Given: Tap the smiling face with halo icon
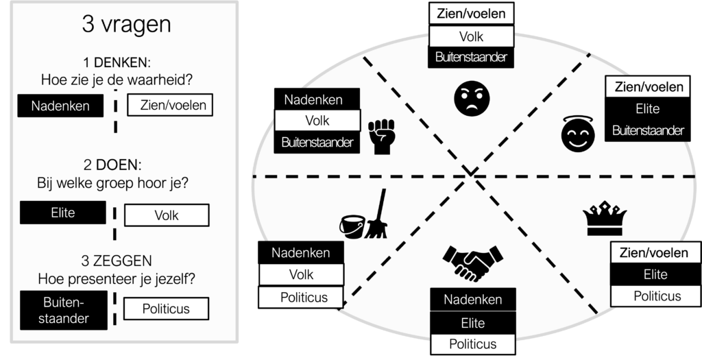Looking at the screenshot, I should pos(575,134).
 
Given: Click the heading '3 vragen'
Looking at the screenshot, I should pos(126,25).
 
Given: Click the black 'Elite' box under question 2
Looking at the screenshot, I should pos(61,213).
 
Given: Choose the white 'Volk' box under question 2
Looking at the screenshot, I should pos(166,215).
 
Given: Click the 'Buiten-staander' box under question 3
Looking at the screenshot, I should pos(62,309).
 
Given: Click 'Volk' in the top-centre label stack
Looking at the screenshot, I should pos(471,36).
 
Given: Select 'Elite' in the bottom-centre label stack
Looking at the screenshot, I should pos(472,323).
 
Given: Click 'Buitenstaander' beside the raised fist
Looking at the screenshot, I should pos(317,143).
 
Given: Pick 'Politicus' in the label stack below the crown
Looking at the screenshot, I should pos(656,296).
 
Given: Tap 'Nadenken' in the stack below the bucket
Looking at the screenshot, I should pos(300,252).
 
